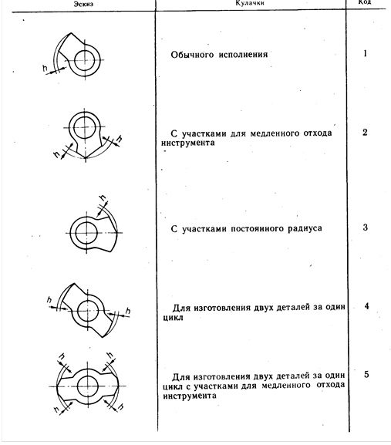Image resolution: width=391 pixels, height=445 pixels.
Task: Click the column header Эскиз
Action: coord(83,4)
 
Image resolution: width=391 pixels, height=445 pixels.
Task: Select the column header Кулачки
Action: coord(250,3)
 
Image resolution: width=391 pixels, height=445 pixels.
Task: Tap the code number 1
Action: coord(366,53)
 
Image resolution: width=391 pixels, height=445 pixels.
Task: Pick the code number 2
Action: coord(365,132)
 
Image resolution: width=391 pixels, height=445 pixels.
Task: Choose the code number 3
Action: coord(366,228)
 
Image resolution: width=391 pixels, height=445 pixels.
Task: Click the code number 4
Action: coord(366,306)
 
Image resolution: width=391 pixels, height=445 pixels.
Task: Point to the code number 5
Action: coord(366,375)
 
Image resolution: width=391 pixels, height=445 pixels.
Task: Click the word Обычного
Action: coord(192,55)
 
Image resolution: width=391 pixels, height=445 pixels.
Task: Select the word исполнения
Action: coord(243,54)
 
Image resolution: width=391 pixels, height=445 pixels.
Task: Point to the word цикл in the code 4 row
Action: coord(173,318)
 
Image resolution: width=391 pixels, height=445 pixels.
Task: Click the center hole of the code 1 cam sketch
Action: coord(85,60)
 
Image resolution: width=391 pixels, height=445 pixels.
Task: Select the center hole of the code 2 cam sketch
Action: coord(84,127)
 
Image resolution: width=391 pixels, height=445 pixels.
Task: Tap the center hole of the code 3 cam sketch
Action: coord(86,233)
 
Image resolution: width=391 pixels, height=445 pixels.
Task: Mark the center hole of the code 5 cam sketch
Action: coord(88,386)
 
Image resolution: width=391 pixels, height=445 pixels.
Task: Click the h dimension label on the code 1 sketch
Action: coord(45,68)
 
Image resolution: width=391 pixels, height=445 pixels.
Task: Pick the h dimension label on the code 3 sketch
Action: coord(103,198)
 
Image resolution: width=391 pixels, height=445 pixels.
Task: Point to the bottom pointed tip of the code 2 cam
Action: coord(86,157)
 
